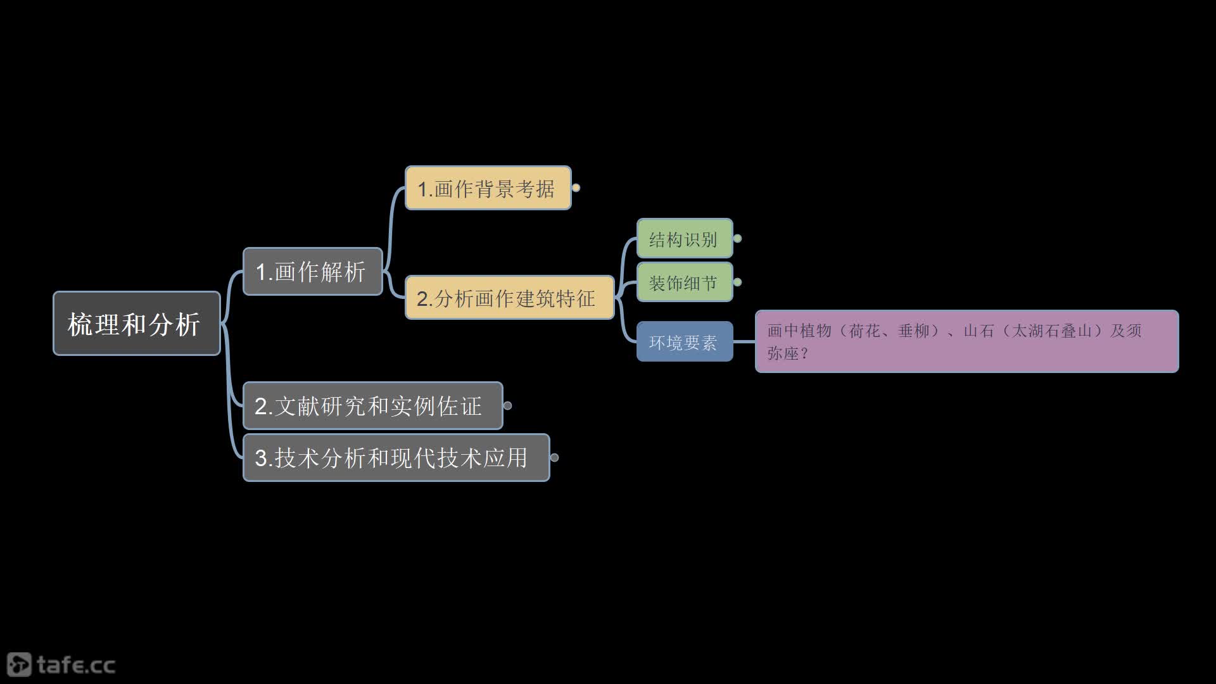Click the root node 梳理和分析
[x=137, y=323]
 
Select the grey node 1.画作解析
[x=313, y=272]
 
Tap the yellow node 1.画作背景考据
[x=488, y=188]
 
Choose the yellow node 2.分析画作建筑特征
[x=510, y=298]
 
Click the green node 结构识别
[x=685, y=239]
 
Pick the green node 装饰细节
[x=685, y=282]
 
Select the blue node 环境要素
[x=685, y=341]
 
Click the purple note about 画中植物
[x=966, y=341]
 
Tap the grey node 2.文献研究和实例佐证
[x=373, y=406]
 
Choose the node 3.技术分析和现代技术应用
[x=396, y=458]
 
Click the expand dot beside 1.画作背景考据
[x=576, y=187]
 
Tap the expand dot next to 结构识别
[x=737, y=239]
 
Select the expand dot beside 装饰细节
[x=737, y=282]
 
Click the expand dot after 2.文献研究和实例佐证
[x=507, y=405]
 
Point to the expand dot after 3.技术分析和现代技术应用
[x=554, y=457]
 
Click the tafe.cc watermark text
[x=76, y=665]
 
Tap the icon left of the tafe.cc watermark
[x=19, y=664]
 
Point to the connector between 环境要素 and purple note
[x=744, y=341]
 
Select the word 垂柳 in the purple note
[x=913, y=331]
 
